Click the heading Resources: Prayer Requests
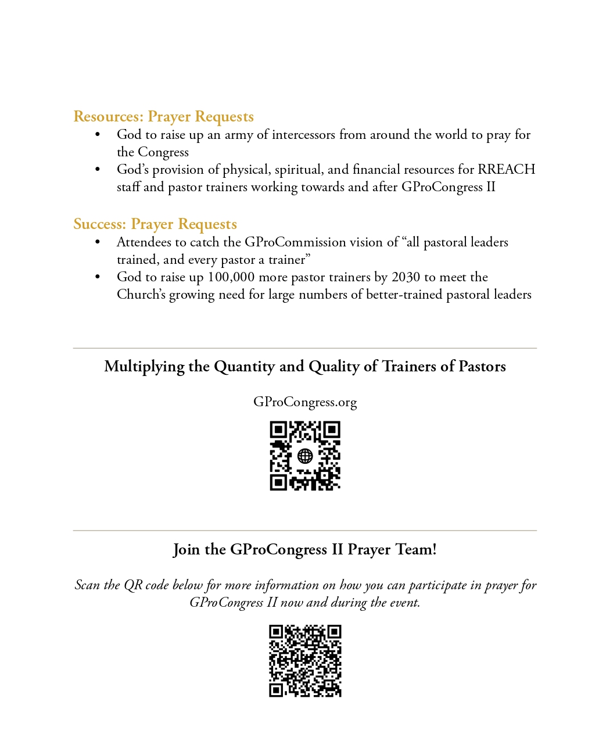tap(163, 117)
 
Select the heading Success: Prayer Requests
tap(155, 224)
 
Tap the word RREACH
tap(506, 170)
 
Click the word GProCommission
tap(295, 242)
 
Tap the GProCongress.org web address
tap(305, 402)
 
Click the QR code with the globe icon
tap(305, 456)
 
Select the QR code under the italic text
tap(305, 661)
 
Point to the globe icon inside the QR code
tap(305, 456)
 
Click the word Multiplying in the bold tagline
tap(144, 367)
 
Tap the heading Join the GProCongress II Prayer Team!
tap(305, 550)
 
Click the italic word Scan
tap(87, 585)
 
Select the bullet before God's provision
tap(98, 170)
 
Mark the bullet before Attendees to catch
tap(98, 243)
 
